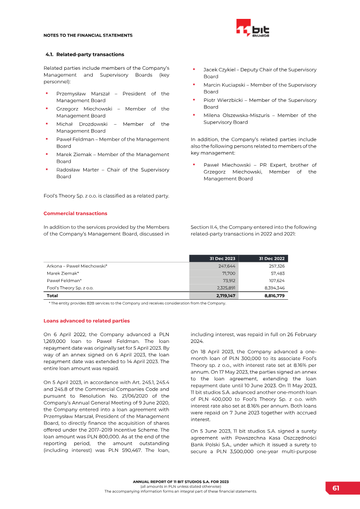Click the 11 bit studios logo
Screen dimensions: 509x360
252,28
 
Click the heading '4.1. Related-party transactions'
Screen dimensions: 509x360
85,54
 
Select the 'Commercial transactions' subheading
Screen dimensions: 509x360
75,213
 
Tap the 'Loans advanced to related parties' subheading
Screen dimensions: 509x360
86,321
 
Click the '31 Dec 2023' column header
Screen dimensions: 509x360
222,258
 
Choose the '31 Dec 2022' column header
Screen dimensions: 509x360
272,258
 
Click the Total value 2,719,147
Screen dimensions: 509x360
225,296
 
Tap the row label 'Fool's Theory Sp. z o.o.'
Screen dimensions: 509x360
70,287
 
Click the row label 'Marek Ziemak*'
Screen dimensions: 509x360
63,273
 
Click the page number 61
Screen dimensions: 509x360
336,488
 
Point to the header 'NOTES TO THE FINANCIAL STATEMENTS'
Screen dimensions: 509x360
88,35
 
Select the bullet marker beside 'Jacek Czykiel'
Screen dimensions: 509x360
193,69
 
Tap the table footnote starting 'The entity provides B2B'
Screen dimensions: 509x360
137,303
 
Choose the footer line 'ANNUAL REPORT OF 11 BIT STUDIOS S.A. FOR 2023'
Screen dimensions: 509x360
180,482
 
